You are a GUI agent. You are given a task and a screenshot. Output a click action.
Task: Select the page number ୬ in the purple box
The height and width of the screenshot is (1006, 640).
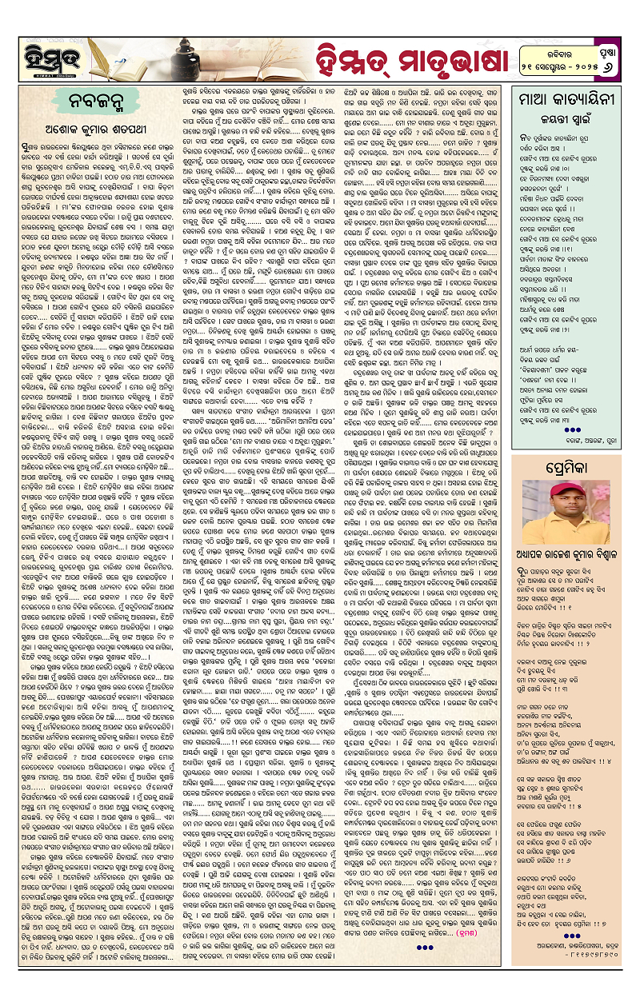[x=610, y=65]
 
